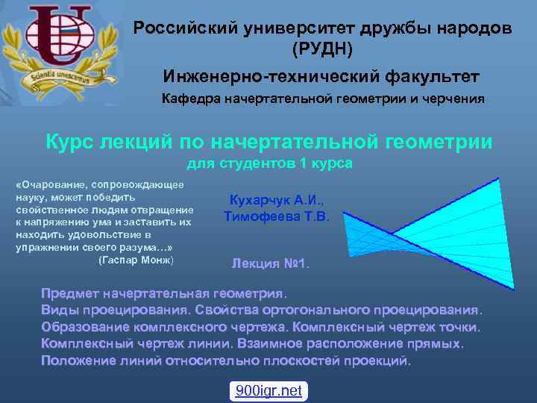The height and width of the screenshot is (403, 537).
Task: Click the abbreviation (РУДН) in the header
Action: pyautogui.click(x=322, y=49)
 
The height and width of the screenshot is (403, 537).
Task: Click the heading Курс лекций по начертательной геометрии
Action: pyautogui.click(x=268, y=142)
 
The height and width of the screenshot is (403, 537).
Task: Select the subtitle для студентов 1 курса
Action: pyautogui.click(x=268, y=163)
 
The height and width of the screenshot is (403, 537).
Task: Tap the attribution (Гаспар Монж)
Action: pyautogui.click(x=135, y=260)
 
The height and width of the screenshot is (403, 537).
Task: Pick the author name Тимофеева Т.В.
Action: pyautogui.click(x=281, y=216)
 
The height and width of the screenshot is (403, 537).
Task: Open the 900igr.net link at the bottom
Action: pyautogui.click(x=268, y=390)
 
